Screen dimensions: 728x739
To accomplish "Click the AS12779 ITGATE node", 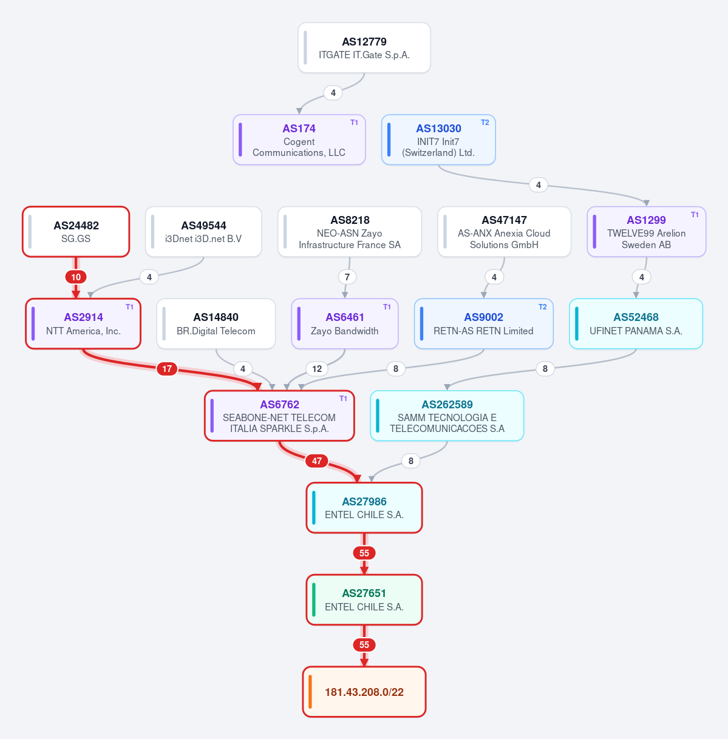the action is (x=364, y=47).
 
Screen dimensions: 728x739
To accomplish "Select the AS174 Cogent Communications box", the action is (x=299, y=140).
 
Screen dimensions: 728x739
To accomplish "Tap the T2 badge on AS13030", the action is (x=485, y=123).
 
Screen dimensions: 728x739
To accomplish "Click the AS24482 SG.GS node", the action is (x=76, y=232).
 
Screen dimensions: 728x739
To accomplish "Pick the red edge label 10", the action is (x=76, y=277).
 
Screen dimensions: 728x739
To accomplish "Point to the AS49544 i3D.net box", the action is (x=203, y=232).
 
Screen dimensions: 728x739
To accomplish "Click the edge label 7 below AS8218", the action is (x=347, y=277).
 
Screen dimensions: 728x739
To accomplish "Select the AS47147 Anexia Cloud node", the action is (x=504, y=232).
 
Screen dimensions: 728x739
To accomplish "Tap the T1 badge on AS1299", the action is (x=695, y=215).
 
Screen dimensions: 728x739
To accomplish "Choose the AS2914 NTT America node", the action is (x=83, y=323).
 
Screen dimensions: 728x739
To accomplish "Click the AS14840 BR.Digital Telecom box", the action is (x=216, y=323).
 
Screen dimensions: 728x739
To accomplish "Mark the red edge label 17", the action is (x=167, y=369).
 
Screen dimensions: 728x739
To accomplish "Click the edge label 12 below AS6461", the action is (x=317, y=369).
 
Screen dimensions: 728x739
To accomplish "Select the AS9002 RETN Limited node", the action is (x=483, y=323).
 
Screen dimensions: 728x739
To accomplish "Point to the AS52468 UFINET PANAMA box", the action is (x=636, y=323).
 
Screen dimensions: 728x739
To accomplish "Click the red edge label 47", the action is (x=317, y=461).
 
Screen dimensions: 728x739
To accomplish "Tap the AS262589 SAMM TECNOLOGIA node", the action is (x=447, y=416).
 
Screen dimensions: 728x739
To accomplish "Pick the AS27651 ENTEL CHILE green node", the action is (x=364, y=600).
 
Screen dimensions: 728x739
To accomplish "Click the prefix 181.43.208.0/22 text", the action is (x=364, y=692).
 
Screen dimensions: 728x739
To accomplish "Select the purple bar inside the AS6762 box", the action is (x=213, y=416).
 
